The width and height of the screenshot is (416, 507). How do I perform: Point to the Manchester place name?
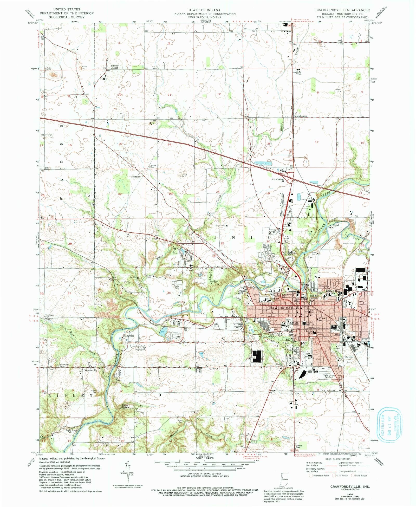(301, 116)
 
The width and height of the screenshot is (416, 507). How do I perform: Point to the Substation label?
(135, 177)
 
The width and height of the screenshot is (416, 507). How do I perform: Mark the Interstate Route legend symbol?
(311, 475)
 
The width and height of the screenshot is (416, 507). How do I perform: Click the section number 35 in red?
(169, 292)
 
